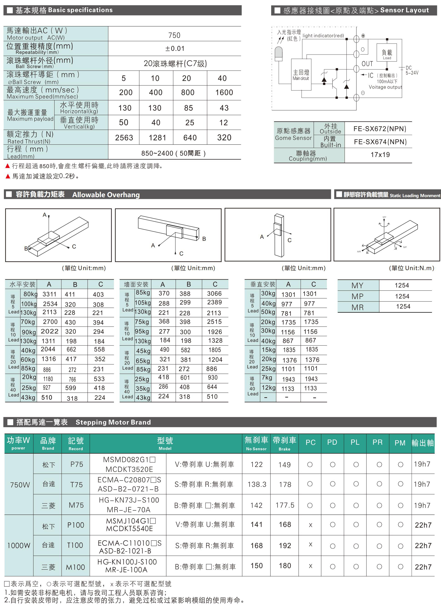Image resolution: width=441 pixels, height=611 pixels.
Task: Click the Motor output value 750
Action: pos(174,35)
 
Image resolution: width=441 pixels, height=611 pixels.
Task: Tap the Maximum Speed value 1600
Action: pos(224,93)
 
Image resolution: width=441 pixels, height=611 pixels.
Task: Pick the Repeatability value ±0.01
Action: pos(175,48)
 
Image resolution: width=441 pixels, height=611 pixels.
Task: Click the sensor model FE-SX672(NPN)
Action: pos(380,129)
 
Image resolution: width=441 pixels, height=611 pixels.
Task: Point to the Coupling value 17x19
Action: pos(380,155)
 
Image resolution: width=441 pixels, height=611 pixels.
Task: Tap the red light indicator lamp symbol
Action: pos(279,53)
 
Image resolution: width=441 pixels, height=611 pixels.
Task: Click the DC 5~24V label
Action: pos(412,70)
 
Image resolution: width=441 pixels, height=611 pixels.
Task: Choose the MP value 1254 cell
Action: pos(402,296)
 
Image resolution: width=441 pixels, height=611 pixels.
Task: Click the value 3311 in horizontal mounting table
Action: pos(50,294)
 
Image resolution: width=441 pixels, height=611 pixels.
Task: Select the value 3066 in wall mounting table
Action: pos(214,294)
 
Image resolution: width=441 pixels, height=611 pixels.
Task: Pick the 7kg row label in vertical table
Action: pos(267,378)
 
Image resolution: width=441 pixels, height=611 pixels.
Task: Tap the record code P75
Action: pos(77,464)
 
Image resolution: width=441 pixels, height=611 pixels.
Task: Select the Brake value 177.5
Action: pos(285,505)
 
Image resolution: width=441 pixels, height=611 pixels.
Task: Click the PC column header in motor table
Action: pos(310,442)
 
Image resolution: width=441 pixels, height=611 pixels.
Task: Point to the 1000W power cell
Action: pos(19,545)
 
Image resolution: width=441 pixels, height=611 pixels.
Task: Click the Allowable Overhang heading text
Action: pos(106,194)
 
